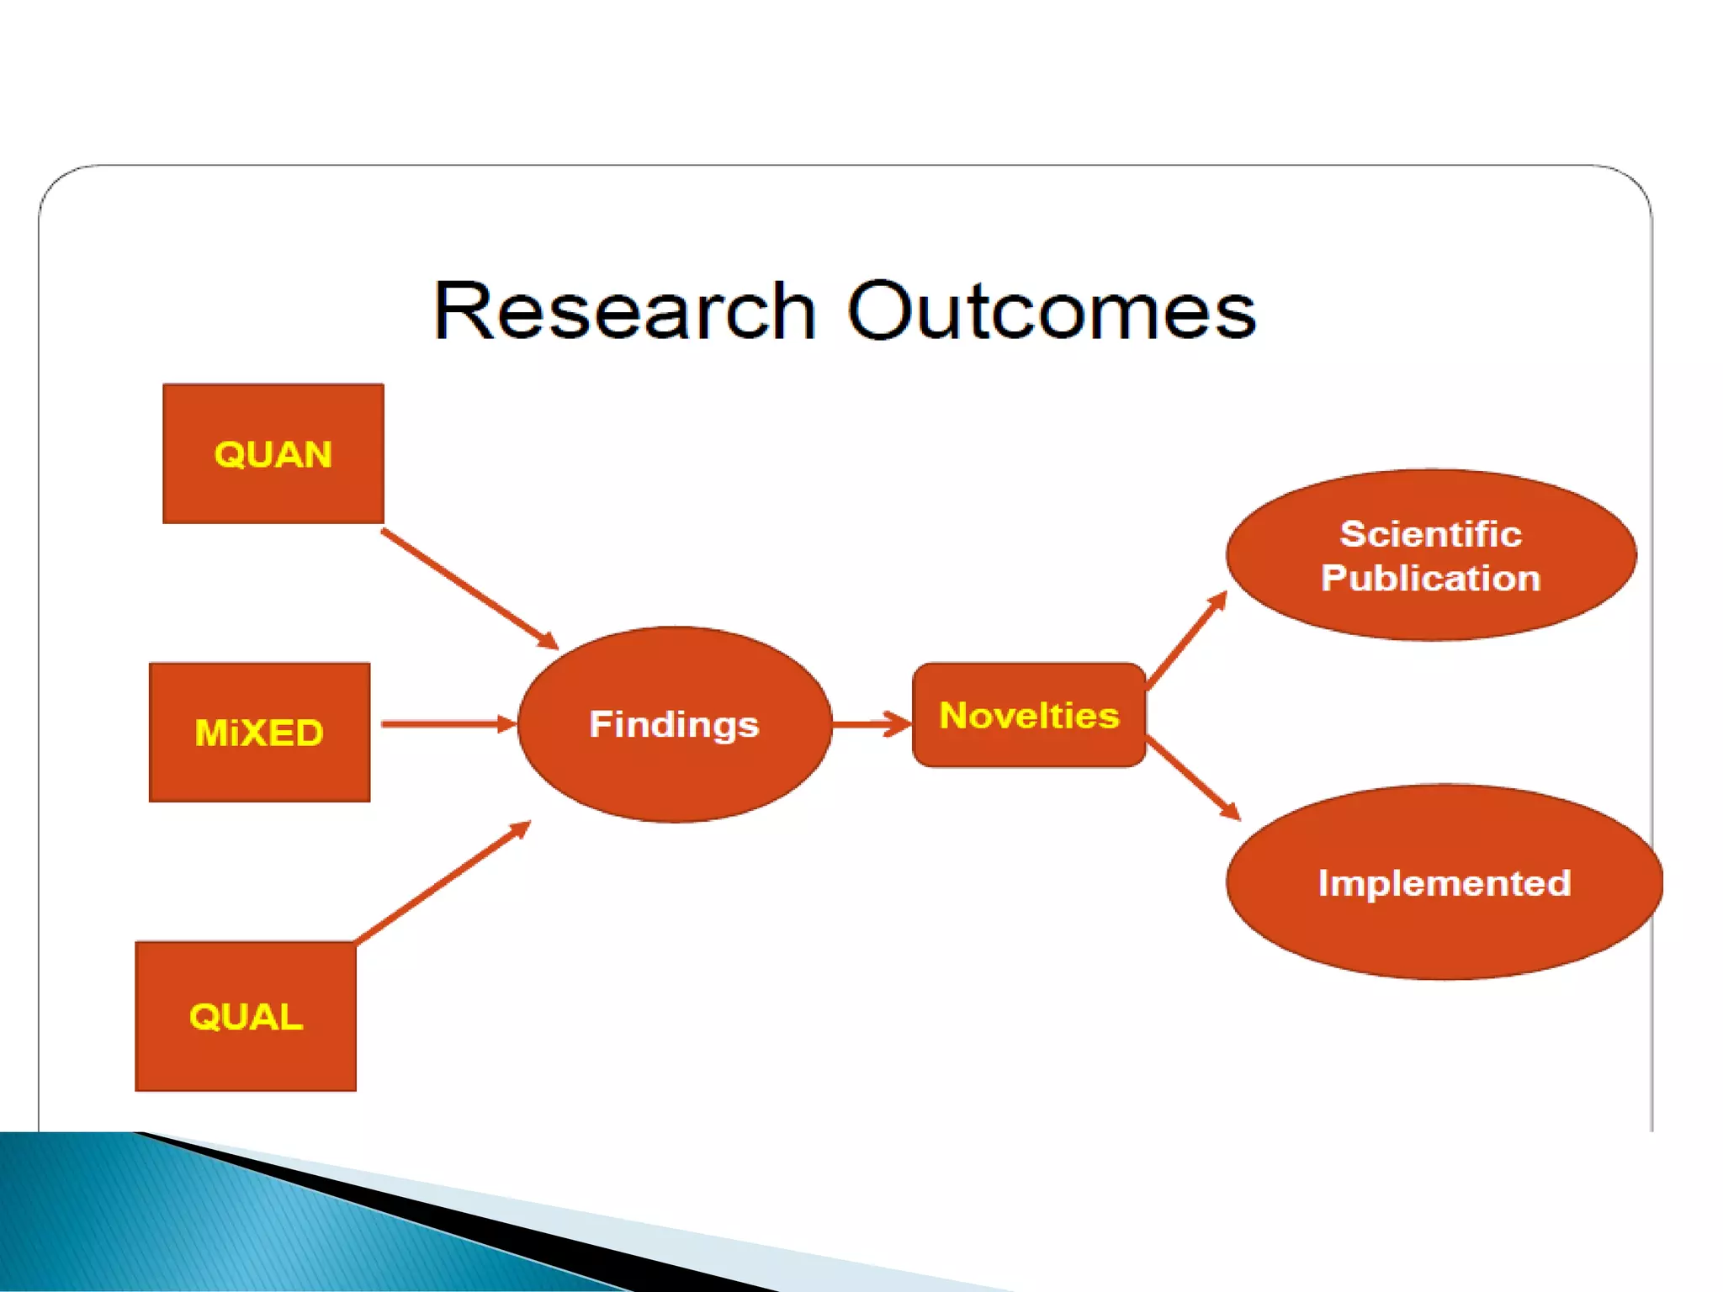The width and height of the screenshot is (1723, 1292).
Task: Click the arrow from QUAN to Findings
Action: (x=469, y=589)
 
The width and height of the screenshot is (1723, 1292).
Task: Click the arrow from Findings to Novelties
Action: (x=872, y=723)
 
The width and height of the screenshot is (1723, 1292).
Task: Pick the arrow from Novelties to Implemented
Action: (x=1193, y=778)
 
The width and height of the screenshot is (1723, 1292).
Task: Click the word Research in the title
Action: (x=624, y=311)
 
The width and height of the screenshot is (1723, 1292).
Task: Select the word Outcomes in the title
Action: (x=1051, y=311)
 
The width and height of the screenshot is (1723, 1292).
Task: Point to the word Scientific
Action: (x=1430, y=534)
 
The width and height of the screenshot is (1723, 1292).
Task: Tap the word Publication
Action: (x=1430, y=578)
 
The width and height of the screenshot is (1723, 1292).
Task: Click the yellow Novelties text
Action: (x=1029, y=715)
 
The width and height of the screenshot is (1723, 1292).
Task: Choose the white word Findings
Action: (x=674, y=724)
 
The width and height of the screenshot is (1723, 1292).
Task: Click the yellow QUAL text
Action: (x=246, y=1017)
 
